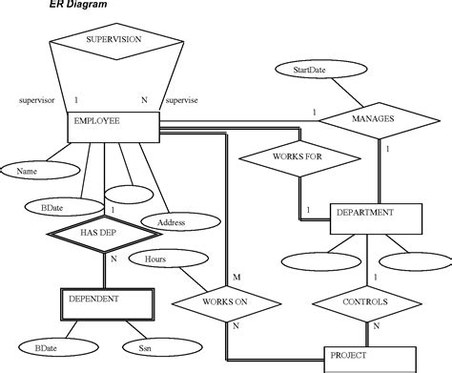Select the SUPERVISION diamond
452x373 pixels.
pyautogui.click(x=113, y=41)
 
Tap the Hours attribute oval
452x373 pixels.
pyautogui.click(x=155, y=259)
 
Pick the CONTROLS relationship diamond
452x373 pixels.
pyautogui.click(x=363, y=302)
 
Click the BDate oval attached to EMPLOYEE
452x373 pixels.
pyautogui.click(x=51, y=205)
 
